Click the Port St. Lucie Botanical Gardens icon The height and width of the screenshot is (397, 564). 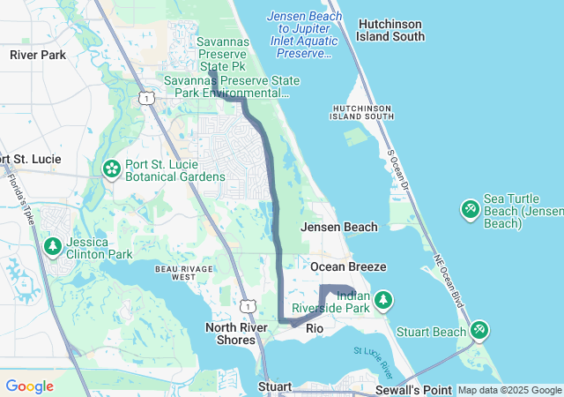[x=112, y=168]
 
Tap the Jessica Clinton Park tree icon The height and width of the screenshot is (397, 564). [x=53, y=245]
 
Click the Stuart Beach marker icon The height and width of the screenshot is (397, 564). [x=479, y=331]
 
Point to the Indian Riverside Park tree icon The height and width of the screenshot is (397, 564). [x=383, y=301]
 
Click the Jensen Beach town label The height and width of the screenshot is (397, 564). [x=339, y=227]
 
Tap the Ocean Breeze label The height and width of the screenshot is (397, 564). [x=348, y=266]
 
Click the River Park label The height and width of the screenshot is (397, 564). [x=38, y=55]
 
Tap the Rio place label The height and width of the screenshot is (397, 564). [x=315, y=328]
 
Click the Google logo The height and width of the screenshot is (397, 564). [x=29, y=386]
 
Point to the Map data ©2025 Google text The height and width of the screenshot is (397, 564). [x=508, y=390]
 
